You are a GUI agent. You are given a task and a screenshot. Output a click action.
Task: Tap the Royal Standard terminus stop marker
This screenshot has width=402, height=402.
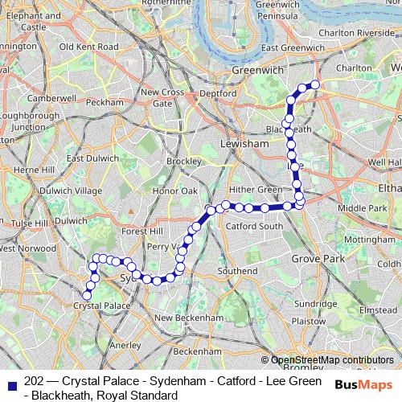(x=315, y=84)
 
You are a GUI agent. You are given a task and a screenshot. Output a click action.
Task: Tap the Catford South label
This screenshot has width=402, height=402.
(x=253, y=226)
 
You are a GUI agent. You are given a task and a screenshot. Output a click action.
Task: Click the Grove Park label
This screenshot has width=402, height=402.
(x=318, y=260)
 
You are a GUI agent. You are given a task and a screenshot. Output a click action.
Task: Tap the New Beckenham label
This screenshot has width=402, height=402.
(x=187, y=318)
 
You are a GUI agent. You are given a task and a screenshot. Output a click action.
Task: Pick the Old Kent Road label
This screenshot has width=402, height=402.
(x=89, y=47)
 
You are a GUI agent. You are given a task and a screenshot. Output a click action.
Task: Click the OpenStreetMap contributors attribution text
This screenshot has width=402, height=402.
(x=332, y=360)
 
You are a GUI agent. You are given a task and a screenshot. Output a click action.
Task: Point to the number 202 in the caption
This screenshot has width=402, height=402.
(x=35, y=381)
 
